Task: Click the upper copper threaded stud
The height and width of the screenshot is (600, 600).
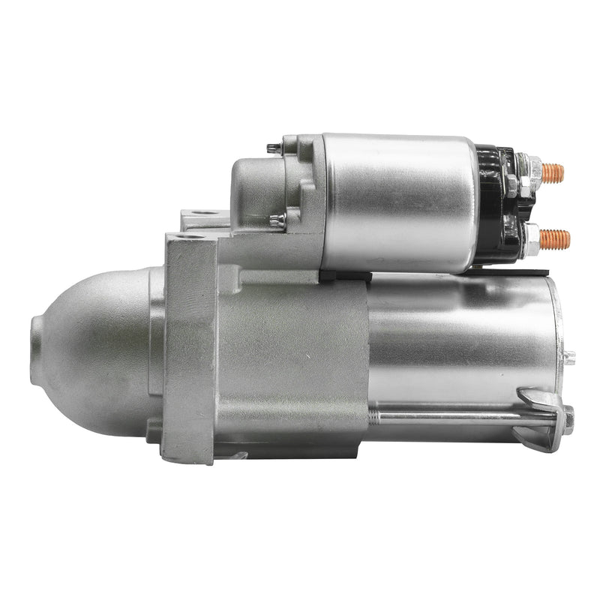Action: (553, 173)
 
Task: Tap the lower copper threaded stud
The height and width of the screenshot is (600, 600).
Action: (555, 240)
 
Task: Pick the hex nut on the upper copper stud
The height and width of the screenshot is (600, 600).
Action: (535, 170)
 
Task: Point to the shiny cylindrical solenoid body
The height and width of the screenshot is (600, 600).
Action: (397, 202)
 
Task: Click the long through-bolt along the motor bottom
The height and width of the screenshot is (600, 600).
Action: (457, 415)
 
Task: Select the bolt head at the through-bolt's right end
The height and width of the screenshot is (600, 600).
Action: (568, 418)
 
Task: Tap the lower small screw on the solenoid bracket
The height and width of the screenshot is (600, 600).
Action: (276, 220)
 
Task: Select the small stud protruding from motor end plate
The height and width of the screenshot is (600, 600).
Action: (569, 357)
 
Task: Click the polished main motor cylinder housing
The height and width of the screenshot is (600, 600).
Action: (457, 337)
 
